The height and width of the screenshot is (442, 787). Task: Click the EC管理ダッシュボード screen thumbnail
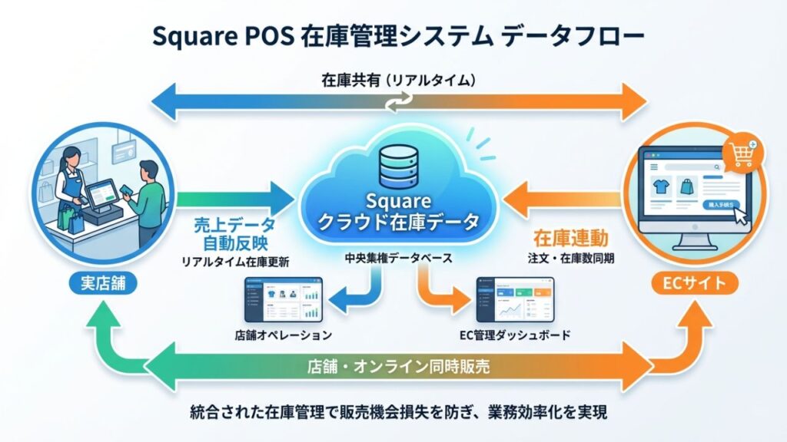click(x=514, y=300)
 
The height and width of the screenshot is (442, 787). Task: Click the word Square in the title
click(x=191, y=36)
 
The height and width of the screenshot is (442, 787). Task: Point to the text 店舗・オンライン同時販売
click(x=394, y=366)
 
